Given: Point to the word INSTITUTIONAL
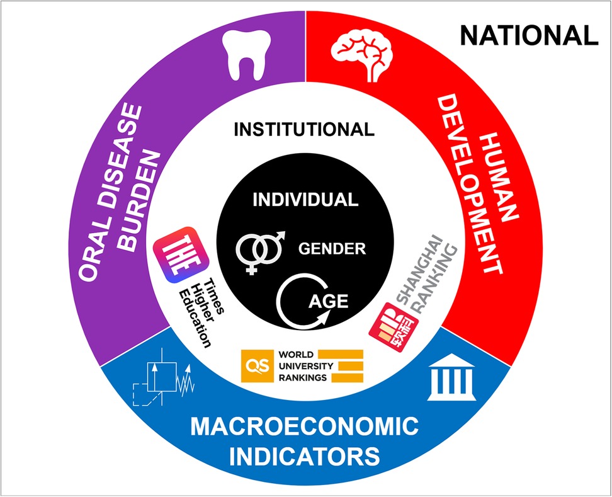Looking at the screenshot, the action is click(304, 130).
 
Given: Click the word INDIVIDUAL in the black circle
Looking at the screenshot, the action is click(305, 200).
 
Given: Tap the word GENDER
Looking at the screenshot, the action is click(332, 248).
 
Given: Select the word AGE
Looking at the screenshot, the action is click(328, 300).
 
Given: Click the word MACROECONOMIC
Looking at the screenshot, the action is click(305, 426).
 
